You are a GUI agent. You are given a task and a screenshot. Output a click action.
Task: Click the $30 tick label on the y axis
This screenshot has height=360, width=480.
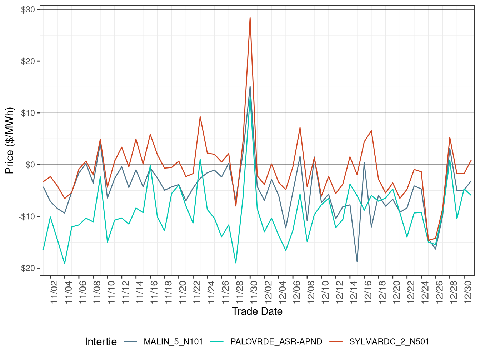28,10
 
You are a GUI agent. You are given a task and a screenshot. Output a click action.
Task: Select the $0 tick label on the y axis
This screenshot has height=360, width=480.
30,165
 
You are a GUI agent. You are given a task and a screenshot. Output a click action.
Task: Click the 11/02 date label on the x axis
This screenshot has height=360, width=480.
54,292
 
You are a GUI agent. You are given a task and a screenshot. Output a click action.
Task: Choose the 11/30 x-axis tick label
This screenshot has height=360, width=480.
254,292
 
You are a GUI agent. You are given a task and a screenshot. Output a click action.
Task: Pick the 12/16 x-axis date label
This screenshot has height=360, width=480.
368,292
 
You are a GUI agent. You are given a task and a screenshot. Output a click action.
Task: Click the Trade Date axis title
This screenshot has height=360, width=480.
257,311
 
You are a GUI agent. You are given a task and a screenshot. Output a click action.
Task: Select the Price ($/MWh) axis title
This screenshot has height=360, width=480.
9,141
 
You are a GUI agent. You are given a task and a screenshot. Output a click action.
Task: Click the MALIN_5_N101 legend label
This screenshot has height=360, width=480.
173,342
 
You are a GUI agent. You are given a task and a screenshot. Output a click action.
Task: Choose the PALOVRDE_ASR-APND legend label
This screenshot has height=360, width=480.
276,342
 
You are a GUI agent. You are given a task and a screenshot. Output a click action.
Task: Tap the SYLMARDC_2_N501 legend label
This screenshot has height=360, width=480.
389,342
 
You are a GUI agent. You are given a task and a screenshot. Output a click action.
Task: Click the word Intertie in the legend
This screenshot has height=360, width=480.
101,342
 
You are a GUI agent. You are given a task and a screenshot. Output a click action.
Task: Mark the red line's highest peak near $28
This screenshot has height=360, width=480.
250,17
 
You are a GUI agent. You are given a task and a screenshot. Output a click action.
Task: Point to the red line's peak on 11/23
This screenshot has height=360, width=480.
200,117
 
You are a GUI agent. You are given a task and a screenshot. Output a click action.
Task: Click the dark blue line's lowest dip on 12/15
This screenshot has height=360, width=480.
357,261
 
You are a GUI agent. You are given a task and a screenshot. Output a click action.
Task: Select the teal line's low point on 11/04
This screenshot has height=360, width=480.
65,264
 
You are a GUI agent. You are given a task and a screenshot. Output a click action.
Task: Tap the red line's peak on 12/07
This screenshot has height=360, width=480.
300,127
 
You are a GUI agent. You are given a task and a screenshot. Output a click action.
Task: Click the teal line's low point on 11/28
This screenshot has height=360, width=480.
236,263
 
